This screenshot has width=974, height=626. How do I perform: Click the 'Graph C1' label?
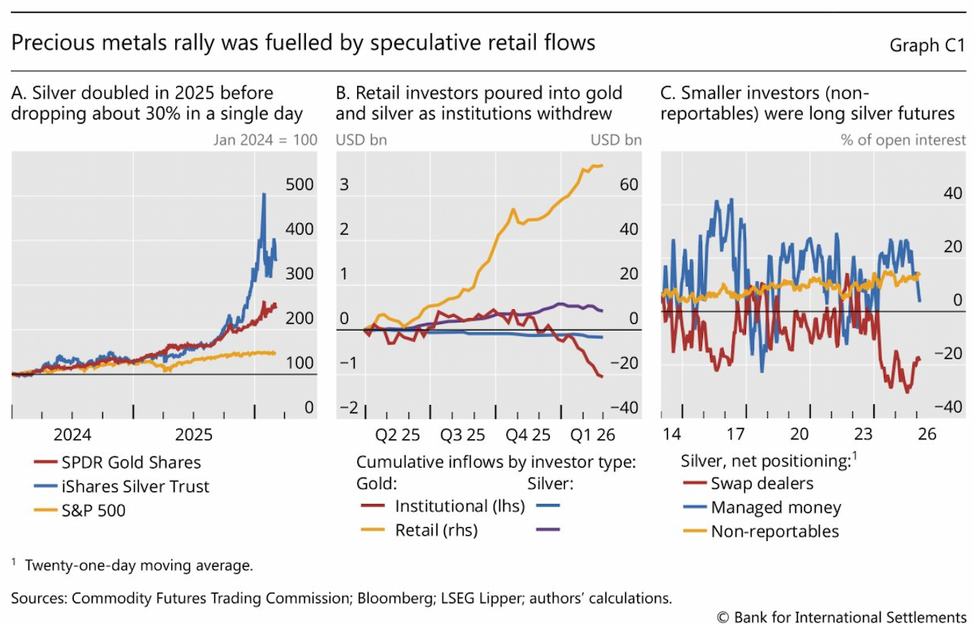[927, 45]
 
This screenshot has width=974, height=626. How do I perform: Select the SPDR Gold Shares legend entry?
[118, 463]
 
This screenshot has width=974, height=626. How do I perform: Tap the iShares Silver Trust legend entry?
[122, 486]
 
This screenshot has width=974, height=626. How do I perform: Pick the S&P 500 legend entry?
[80, 510]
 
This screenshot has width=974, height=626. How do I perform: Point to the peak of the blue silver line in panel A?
[264, 194]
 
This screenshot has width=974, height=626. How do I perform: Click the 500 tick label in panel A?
[300, 184]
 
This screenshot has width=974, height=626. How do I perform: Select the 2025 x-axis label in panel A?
[193, 434]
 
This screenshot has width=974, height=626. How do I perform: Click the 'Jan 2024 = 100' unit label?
[265, 140]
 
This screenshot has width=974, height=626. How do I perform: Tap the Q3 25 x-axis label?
[462, 434]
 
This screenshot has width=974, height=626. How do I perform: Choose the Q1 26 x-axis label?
[593, 434]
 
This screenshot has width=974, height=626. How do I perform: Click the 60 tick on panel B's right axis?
[629, 184]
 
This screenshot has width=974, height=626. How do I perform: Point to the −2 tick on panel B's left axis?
[349, 408]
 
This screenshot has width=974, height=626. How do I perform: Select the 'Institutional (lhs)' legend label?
[460, 507]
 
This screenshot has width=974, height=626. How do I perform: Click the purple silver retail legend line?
[548, 529]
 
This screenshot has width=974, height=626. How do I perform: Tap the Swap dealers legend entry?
[748, 484]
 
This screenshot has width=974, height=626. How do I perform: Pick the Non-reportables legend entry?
[761, 532]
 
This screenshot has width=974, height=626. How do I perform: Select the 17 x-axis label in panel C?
[735, 434]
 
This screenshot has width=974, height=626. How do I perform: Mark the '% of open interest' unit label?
[903, 140]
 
